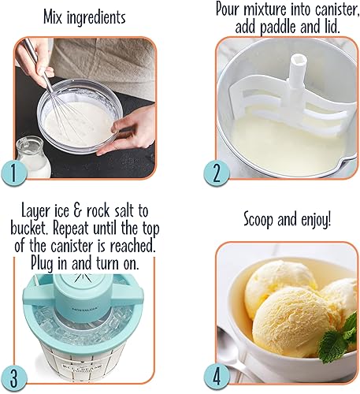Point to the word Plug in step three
tap(52, 261)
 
